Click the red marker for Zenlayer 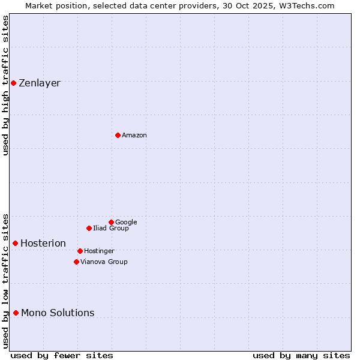tap(13, 83)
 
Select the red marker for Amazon tap(118, 135)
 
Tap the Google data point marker tap(111, 222)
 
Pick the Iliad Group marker tap(89, 228)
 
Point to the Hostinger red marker tap(80, 251)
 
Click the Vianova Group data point tap(76, 262)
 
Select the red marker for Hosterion tap(15, 243)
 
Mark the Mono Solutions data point tap(16, 313)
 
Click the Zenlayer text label tap(40, 83)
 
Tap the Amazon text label tap(134, 135)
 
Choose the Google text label tap(126, 222)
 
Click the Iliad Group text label tap(111, 228)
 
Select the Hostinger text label tap(99, 251)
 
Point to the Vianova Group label tap(104, 262)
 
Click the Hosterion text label tap(43, 243)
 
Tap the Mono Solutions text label tap(58, 313)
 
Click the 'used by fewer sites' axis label tap(62, 355)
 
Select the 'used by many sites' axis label tap(301, 355)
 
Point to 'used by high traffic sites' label tap(6, 85)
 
